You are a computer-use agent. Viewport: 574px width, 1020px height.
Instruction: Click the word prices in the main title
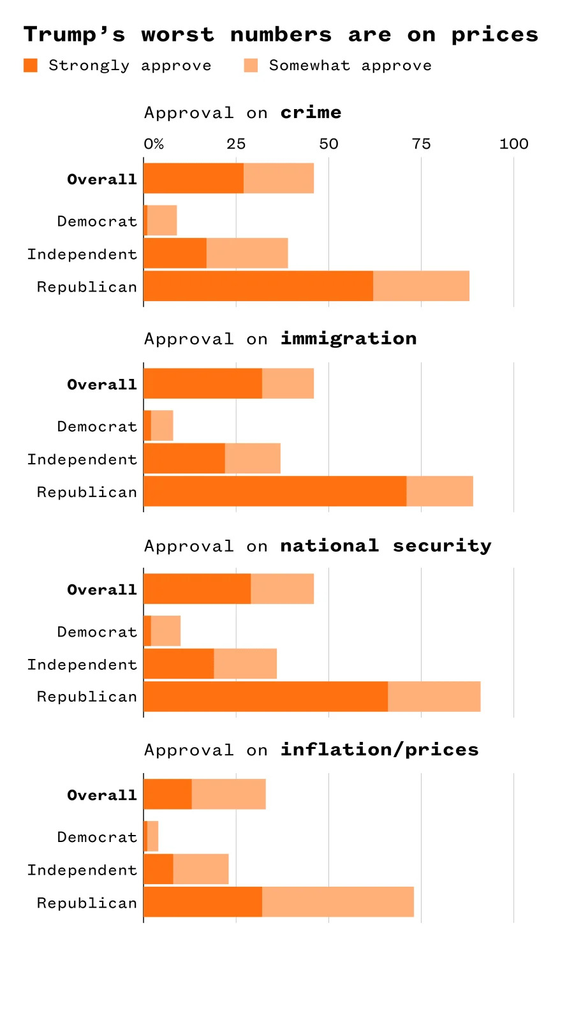494,35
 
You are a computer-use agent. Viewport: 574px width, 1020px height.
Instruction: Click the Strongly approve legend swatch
31,65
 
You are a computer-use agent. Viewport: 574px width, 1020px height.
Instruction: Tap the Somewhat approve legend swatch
251,65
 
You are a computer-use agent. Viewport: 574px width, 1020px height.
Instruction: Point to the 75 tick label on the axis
421,144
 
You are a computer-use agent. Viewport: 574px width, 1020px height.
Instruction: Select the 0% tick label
154,144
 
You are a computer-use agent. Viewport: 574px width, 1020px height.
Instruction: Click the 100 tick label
513,144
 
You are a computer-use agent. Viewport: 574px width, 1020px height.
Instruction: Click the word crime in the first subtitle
311,113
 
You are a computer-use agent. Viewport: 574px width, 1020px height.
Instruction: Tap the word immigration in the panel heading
348,339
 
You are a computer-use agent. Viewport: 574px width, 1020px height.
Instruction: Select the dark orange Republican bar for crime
258,286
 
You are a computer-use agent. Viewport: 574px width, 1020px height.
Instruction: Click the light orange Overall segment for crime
279,178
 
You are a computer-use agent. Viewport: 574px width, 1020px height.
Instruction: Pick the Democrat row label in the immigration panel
97,427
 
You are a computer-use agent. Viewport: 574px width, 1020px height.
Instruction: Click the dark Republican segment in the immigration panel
274,491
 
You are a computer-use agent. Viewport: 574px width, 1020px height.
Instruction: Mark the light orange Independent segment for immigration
253,459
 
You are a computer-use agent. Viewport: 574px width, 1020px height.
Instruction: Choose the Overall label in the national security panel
102,590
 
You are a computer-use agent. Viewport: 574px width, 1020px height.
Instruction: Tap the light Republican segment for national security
434,697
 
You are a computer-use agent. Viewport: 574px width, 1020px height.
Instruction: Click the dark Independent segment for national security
179,664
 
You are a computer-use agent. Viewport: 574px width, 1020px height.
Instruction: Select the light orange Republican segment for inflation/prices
338,902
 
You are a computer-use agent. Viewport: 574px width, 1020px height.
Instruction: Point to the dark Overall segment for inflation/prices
167,794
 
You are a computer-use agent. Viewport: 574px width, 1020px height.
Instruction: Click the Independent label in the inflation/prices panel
82,871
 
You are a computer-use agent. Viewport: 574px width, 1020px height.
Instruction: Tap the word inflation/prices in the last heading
379,750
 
